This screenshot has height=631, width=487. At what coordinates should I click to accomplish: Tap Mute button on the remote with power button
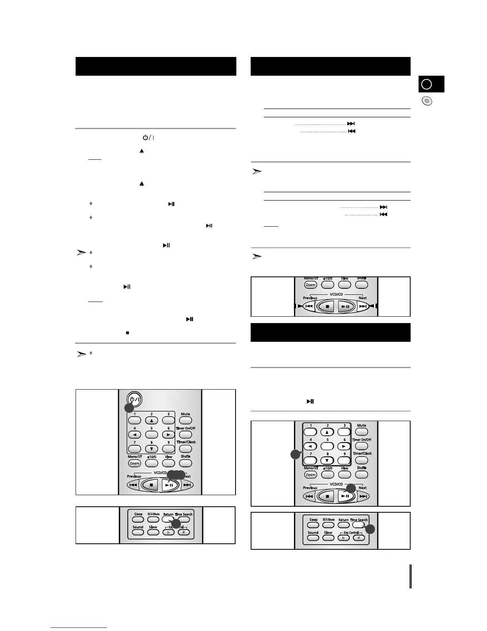185,420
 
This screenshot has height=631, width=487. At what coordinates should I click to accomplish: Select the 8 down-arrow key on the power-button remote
152,449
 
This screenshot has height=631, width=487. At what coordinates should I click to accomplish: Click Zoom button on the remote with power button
134,463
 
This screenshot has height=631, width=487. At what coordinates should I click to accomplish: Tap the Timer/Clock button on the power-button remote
186,449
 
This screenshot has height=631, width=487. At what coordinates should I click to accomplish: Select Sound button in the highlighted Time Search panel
313,538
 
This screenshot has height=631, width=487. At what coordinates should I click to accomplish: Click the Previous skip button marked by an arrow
309,306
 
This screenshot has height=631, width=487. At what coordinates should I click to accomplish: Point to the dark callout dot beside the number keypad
295,455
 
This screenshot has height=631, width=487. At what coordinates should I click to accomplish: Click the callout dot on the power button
129,408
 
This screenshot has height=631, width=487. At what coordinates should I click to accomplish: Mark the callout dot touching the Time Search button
370,529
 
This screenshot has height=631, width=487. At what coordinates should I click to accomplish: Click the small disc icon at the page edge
427,101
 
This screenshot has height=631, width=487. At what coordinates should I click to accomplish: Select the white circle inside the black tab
427,84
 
